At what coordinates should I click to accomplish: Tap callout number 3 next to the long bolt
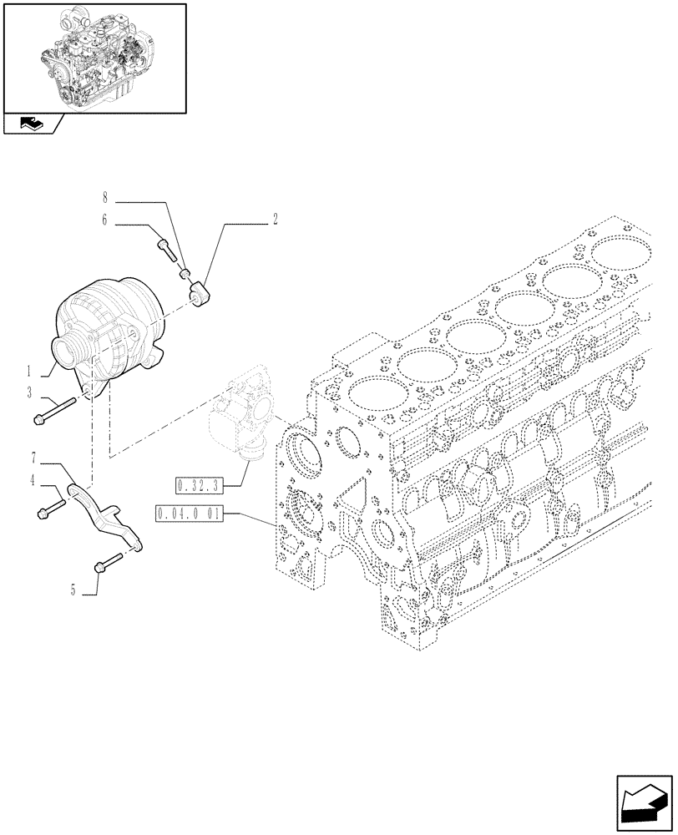pyautogui.click(x=30, y=392)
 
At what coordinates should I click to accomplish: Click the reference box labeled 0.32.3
pyautogui.click(x=196, y=486)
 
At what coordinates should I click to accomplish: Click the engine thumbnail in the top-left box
pyautogui.click(x=94, y=56)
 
